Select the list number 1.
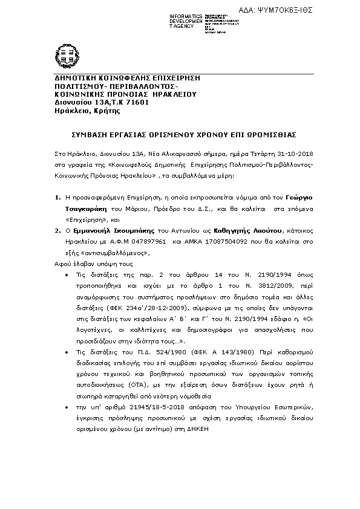click(x=57, y=198)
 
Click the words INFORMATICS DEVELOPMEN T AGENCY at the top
click(x=186, y=21)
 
